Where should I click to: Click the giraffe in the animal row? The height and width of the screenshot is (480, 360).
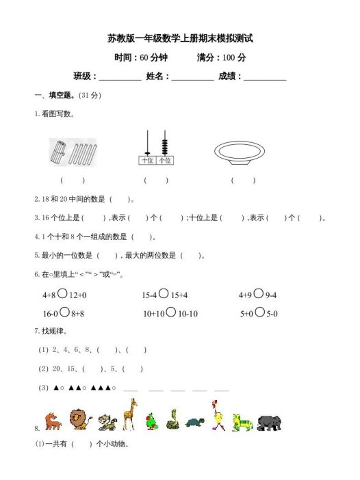(129, 414)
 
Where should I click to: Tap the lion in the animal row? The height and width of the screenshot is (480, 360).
(78, 420)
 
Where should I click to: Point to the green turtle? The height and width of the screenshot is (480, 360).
(196, 424)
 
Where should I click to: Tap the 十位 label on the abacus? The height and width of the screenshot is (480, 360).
(146, 161)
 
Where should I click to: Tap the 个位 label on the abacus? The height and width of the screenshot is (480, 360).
(164, 161)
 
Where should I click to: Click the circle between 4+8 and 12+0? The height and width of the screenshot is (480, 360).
(62, 295)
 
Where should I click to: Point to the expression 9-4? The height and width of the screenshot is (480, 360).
(276, 295)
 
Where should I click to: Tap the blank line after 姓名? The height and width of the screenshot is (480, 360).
(192, 77)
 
